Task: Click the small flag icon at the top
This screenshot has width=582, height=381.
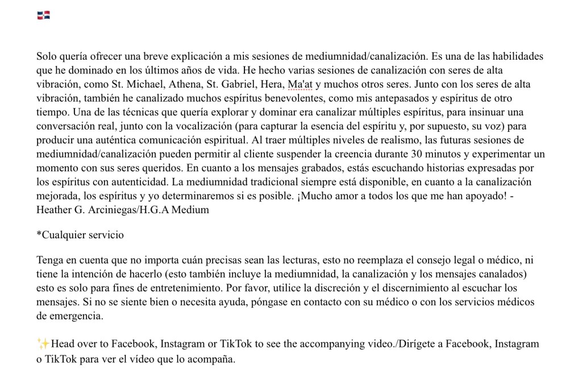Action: click(44, 16)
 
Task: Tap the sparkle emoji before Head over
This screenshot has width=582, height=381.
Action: click(43, 343)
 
